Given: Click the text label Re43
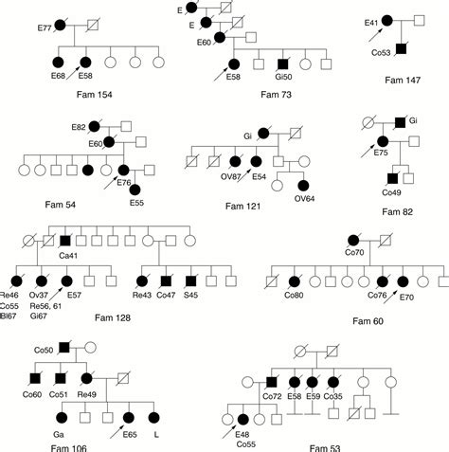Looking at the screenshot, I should pyautogui.click(x=143, y=295).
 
